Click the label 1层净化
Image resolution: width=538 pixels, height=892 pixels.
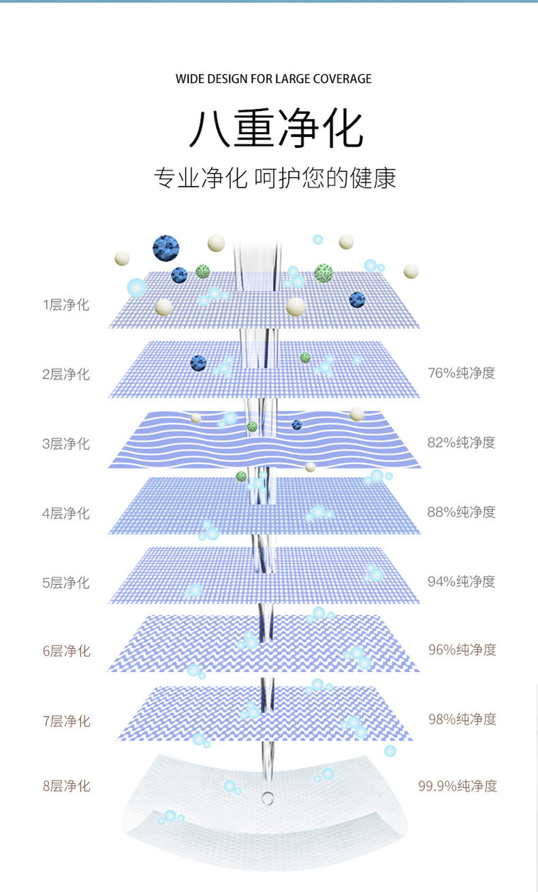click(66, 304)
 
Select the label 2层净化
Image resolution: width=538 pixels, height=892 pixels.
click(66, 374)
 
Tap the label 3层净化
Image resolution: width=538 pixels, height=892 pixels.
click(66, 443)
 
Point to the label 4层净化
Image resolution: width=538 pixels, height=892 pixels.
click(66, 513)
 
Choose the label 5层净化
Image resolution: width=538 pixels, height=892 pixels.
click(66, 582)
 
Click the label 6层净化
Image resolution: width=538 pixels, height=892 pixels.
click(66, 651)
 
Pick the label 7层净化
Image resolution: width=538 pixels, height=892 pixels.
click(66, 720)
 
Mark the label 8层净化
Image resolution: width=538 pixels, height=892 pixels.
click(66, 786)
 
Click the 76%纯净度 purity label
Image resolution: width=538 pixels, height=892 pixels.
click(461, 372)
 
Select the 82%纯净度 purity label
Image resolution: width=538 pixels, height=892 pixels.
click(461, 442)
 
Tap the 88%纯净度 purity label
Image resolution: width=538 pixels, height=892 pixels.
click(461, 511)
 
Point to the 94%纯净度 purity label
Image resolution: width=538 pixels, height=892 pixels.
click(461, 581)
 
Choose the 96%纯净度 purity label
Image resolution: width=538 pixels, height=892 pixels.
click(462, 650)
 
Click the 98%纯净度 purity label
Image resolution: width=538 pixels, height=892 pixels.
click(462, 719)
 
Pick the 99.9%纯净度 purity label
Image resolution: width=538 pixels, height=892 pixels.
click(458, 786)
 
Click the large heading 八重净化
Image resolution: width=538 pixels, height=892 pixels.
click(275, 129)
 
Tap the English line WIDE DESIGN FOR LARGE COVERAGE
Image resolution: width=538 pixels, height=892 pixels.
click(274, 79)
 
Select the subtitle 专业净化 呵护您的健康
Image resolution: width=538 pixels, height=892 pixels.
click(275, 178)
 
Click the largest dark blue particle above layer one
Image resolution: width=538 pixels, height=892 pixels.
click(165, 248)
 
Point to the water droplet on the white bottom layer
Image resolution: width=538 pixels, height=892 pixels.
click(268, 797)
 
